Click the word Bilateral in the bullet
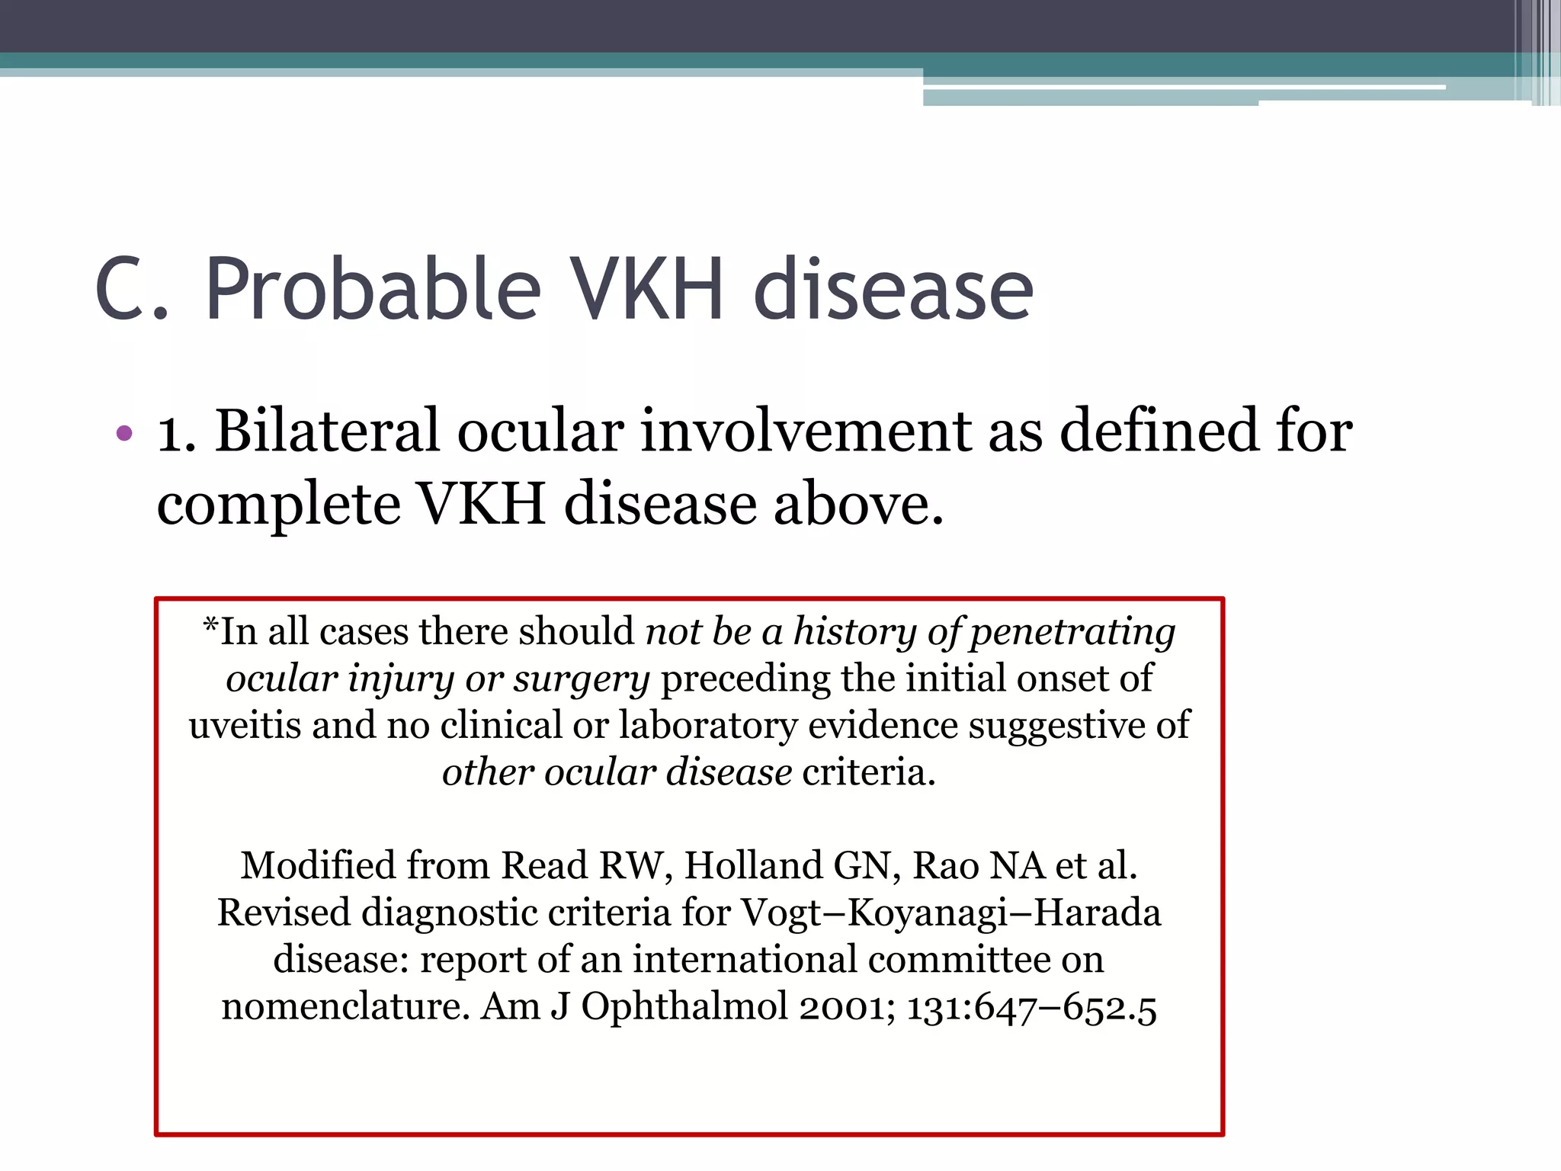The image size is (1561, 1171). point(328,432)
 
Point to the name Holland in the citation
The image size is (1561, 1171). point(754,866)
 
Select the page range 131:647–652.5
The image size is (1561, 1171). point(1031,1006)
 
